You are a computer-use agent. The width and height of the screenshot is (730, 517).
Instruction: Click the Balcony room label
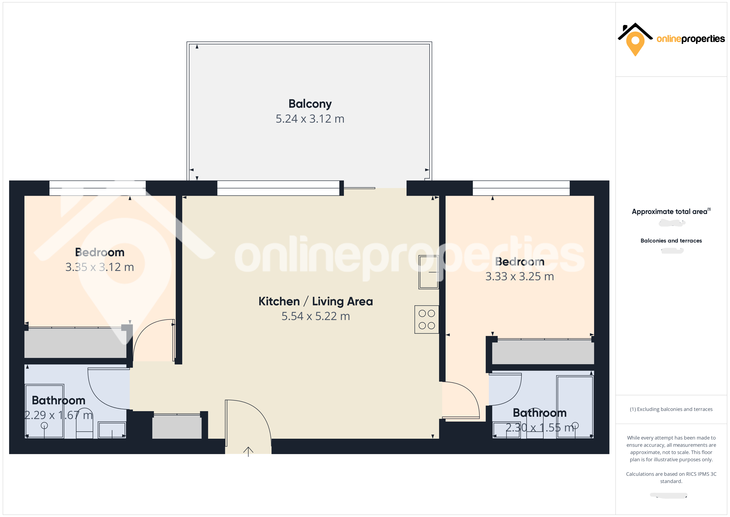tap(310, 104)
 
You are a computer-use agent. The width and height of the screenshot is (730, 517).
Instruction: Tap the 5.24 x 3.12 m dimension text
tap(310, 119)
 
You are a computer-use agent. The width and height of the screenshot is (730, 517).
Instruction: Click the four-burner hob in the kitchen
tap(426, 319)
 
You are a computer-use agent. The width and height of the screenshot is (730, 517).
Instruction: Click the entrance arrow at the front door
tap(248, 451)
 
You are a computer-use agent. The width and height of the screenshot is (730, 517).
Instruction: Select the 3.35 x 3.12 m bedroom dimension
tap(100, 267)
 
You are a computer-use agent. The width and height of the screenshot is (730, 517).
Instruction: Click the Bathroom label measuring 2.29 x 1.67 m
tap(59, 400)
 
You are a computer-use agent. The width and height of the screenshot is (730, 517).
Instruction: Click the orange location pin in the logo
tap(635, 42)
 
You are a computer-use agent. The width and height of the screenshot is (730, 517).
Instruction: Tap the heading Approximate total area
tap(669, 212)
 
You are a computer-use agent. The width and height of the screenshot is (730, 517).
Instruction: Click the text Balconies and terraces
tap(671, 241)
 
